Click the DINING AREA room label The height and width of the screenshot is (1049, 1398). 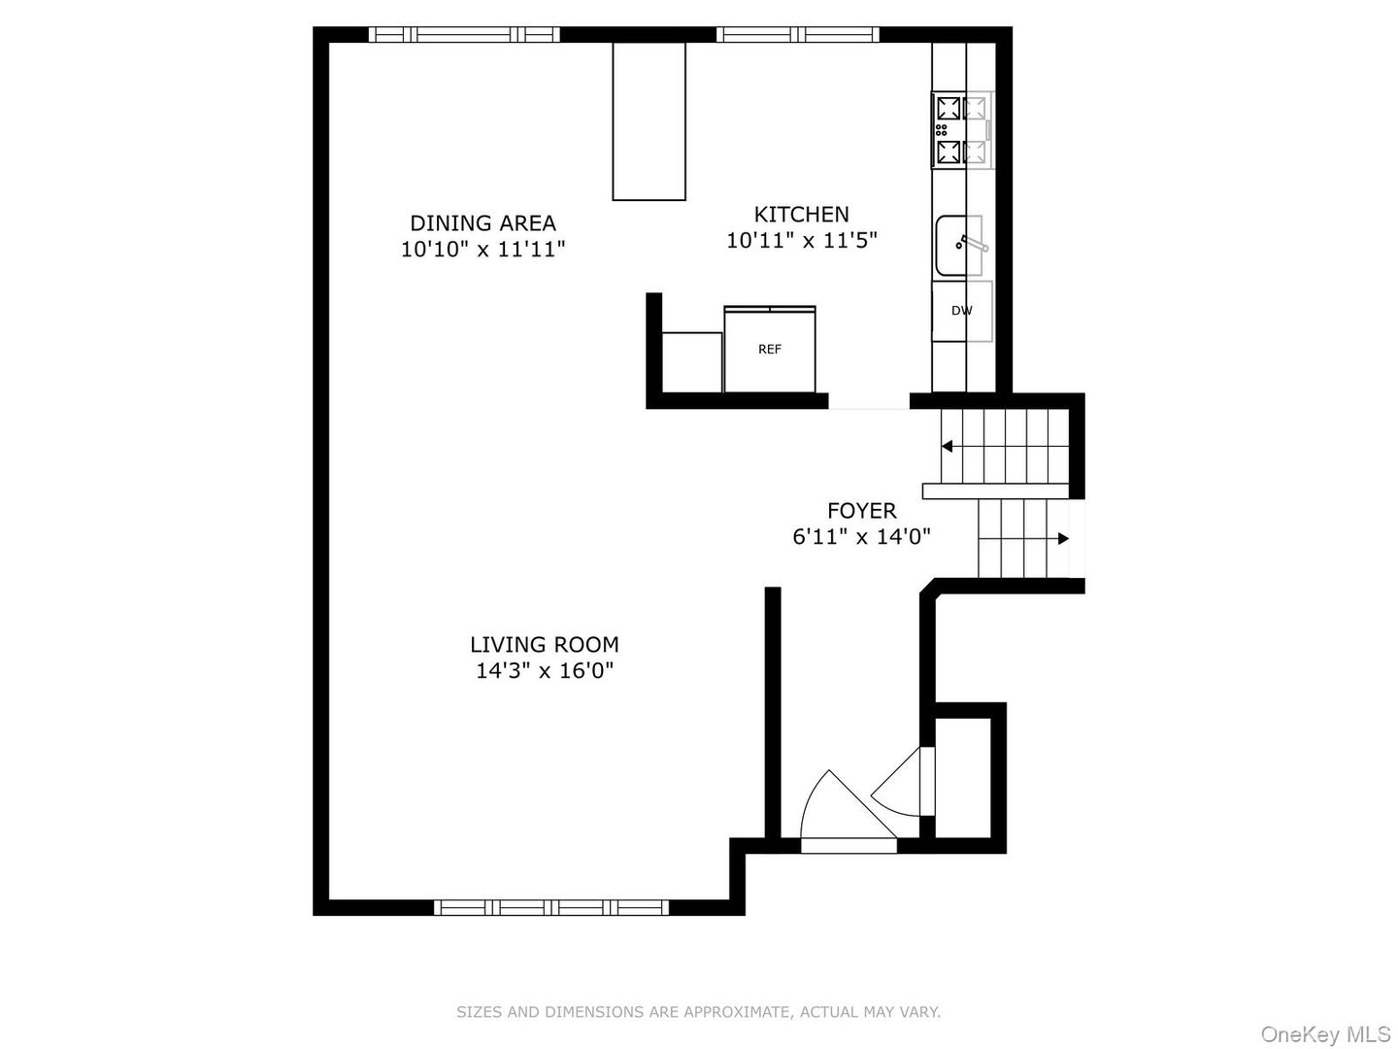pos(483,223)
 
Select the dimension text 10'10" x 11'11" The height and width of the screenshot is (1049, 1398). pos(483,250)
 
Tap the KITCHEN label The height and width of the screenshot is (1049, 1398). pos(801,214)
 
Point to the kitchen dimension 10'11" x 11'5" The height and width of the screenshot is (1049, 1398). pos(801,240)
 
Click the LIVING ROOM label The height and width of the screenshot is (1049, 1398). pos(544,644)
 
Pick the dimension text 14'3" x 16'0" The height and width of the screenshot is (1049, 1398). pos(544,670)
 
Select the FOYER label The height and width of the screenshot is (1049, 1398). pos(861,510)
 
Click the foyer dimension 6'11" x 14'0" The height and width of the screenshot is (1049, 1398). pos(861,536)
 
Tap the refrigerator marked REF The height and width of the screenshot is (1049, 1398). pos(769,350)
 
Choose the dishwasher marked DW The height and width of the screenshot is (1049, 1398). pos(961,311)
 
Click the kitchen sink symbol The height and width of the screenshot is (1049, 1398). pos(960,246)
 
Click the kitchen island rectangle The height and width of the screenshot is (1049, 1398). pos(649,120)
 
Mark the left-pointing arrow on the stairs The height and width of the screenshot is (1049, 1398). pos(947,447)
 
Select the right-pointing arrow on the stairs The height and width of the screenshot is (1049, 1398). pos(1063,538)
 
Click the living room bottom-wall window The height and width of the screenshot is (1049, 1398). pos(550,908)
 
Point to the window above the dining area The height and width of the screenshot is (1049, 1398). pos(464,35)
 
